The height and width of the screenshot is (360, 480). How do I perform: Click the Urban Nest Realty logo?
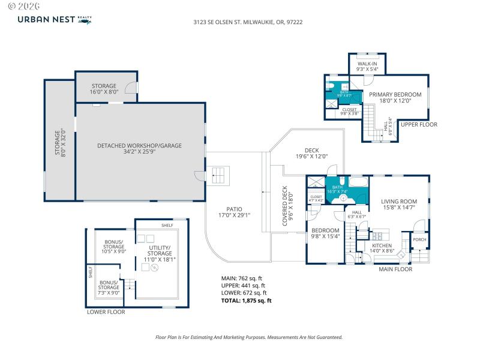coord(55,20)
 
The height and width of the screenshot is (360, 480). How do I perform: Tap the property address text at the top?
coord(239,21)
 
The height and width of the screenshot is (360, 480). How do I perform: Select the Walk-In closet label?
coord(367,66)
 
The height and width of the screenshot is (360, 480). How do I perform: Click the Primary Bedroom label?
coord(395,97)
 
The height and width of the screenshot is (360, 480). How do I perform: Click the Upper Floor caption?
coord(419,125)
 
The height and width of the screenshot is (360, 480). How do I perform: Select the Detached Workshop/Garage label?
coord(139,149)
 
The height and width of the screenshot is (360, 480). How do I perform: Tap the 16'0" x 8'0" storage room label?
coord(104,89)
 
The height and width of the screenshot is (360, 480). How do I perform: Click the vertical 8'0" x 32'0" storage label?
coord(60,143)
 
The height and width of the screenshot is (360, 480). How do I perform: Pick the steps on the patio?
coord(220,175)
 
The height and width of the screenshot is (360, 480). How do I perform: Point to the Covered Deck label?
coord(287,206)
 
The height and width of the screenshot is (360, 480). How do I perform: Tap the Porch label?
coord(419,239)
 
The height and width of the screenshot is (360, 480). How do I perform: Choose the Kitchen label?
coord(382,248)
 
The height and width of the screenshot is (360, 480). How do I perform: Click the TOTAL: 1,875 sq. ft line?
coord(247,301)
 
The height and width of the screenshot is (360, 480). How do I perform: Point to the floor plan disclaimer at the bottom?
coord(249,337)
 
